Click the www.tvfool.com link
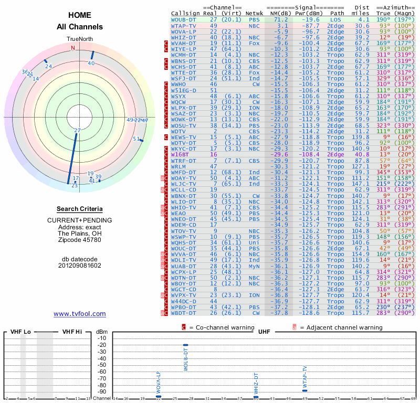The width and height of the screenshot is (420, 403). (x=80, y=314)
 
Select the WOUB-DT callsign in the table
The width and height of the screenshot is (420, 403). (x=184, y=19)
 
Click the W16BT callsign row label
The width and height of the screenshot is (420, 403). (x=180, y=155)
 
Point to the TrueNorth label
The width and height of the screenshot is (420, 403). (x=80, y=39)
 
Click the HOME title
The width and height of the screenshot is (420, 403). (x=80, y=15)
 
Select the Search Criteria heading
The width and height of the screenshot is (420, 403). (x=80, y=209)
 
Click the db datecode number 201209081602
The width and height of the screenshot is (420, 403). (x=80, y=265)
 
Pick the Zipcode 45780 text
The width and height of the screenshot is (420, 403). (x=80, y=240)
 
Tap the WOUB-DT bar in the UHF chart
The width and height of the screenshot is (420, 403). (x=185, y=345)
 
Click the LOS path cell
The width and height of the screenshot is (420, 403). (x=335, y=19)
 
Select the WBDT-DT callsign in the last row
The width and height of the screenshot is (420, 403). (x=184, y=313)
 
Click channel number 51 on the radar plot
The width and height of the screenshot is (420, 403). (x=136, y=139)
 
